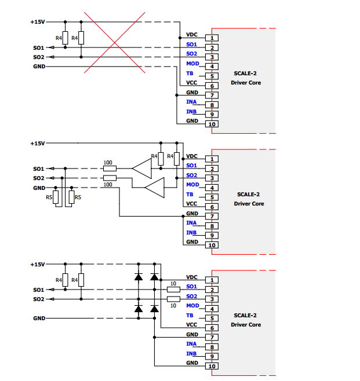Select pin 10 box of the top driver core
click(x=212, y=124)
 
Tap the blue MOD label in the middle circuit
click(x=192, y=185)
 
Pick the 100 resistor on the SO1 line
click(x=110, y=168)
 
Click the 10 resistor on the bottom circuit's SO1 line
click(x=173, y=289)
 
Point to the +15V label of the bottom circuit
click(x=38, y=264)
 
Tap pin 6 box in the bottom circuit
click(x=212, y=328)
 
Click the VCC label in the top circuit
click(x=192, y=83)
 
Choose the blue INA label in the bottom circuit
click(x=191, y=344)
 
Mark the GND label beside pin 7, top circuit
click(x=192, y=93)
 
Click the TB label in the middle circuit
click(x=190, y=194)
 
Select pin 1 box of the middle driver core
click(x=212, y=159)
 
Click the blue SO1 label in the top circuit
click(x=192, y=45)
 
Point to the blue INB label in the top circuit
click(x=191, y=111)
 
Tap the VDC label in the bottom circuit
click(x=192, y=277)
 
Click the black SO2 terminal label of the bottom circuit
click(x=38, y=299)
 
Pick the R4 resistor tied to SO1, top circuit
click(x=65, y=38)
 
